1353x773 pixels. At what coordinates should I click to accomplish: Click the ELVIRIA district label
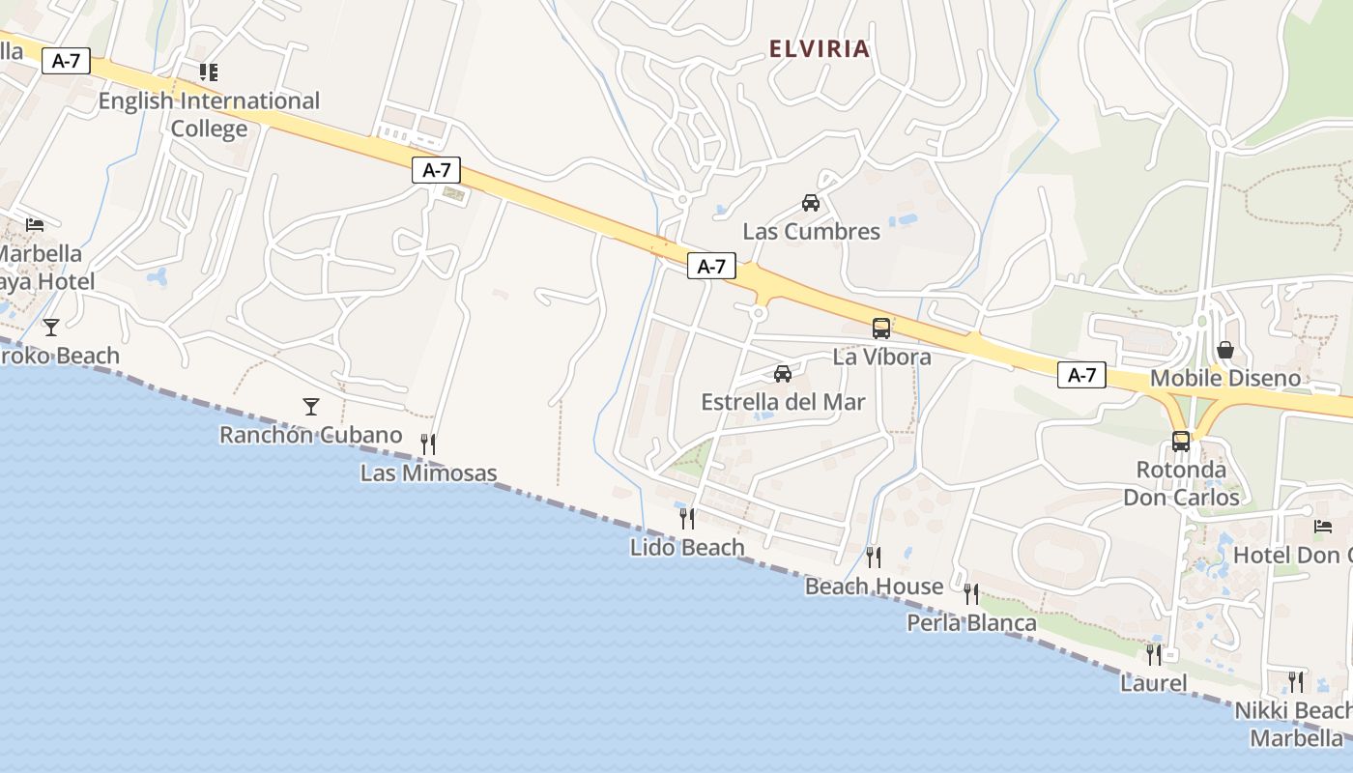tap(820, 49)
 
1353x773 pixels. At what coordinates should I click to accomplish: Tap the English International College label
tap(209, 114)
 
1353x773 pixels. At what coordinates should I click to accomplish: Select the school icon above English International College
tap(208, 72)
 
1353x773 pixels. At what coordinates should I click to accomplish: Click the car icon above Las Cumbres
tap(811, 203)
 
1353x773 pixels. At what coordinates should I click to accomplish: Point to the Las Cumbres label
tap(812, 232)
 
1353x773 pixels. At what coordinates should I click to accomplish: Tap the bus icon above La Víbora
tap(881, 329)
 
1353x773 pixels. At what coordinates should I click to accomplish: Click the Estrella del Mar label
tap(783, 402)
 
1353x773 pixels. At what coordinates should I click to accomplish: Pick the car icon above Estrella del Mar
tap(783, 374)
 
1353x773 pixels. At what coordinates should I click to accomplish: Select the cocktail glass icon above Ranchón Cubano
tap(311, 407)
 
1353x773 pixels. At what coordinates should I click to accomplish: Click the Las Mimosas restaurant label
tap(429, 473)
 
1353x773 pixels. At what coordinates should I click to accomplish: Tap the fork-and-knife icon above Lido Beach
tap(687, 519)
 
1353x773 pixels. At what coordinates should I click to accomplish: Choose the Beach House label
tap(874, 587)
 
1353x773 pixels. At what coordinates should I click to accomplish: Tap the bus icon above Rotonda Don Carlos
tap(1181, 442)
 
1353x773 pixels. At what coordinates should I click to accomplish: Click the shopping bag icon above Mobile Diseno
tap(1225, 350)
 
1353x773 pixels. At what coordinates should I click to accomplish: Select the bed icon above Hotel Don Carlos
tap(1323, 527)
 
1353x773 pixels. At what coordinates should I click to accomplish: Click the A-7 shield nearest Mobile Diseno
tap(1081, 376)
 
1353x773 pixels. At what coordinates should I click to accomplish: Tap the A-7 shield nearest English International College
tap(66, 61)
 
